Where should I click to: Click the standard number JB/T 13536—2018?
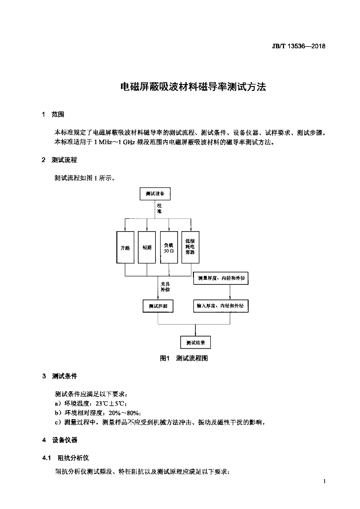point(298,46)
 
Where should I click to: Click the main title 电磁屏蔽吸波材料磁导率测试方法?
point(193,86)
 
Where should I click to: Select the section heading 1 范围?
point(53,114)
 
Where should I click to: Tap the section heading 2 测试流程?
point(59,160)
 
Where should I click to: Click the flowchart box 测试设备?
point(155,194)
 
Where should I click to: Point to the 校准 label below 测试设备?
point(160,208)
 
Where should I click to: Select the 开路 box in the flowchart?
point(125,248)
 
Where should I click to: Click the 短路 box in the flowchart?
point(147,248)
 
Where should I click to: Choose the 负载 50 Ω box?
point(169,248)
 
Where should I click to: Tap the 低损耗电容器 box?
point(190,248)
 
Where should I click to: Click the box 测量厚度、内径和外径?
point(221,278)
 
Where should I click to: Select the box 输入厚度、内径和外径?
point(221,306)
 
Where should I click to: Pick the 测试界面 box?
point(158,306)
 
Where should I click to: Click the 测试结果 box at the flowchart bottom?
point(195,342)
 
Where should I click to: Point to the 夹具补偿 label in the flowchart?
point(165,287)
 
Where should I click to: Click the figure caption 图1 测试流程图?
point(184,358)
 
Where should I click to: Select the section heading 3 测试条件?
point(59,376)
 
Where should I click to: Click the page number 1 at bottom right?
point(324,481)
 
